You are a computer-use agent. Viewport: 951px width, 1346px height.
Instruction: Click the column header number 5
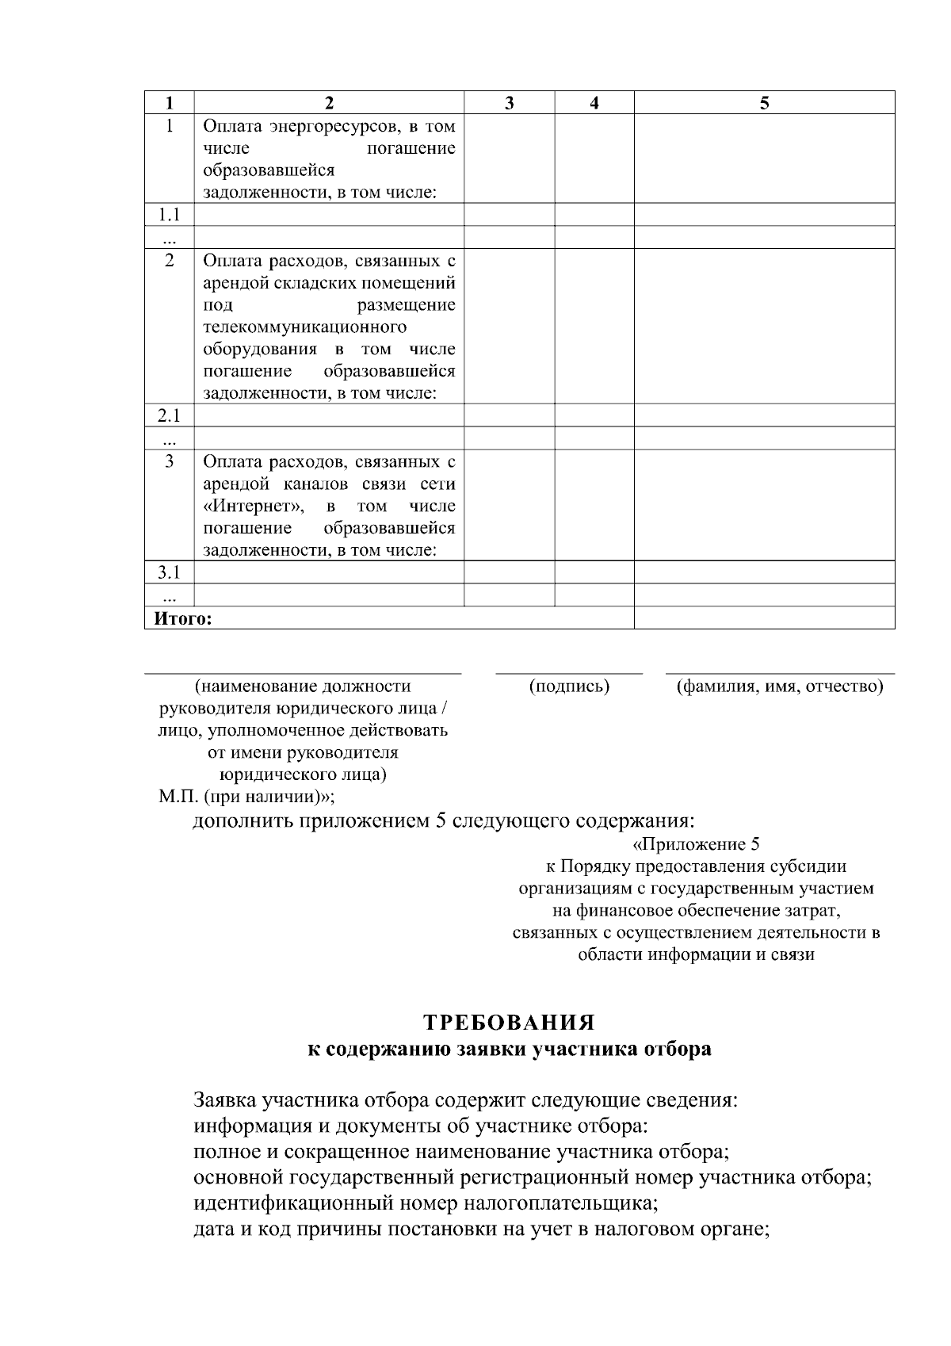tap(764, 103)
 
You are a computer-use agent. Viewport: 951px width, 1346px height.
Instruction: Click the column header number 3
tap(509, 103)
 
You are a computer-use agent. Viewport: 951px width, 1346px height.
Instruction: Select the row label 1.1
tap(169, 215)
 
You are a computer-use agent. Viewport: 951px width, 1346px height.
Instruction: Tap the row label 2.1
tap(169, 415)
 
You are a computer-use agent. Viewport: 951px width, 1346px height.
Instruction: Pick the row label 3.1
tap(169, 572)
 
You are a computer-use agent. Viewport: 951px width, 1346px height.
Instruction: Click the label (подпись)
tap(569, 686)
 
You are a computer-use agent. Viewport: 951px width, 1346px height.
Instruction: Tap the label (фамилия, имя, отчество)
tap(779, 686)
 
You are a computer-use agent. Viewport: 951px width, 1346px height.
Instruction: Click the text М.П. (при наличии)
tap(246, 797)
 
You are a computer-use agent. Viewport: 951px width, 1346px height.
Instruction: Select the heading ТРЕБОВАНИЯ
tap(509, 1022)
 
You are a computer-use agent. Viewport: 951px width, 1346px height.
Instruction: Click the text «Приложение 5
tap(697, 844)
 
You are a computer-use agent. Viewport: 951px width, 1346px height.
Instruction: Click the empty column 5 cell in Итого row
tap(764, 618)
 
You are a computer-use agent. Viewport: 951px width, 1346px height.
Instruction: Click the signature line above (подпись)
tap(569, 674)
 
